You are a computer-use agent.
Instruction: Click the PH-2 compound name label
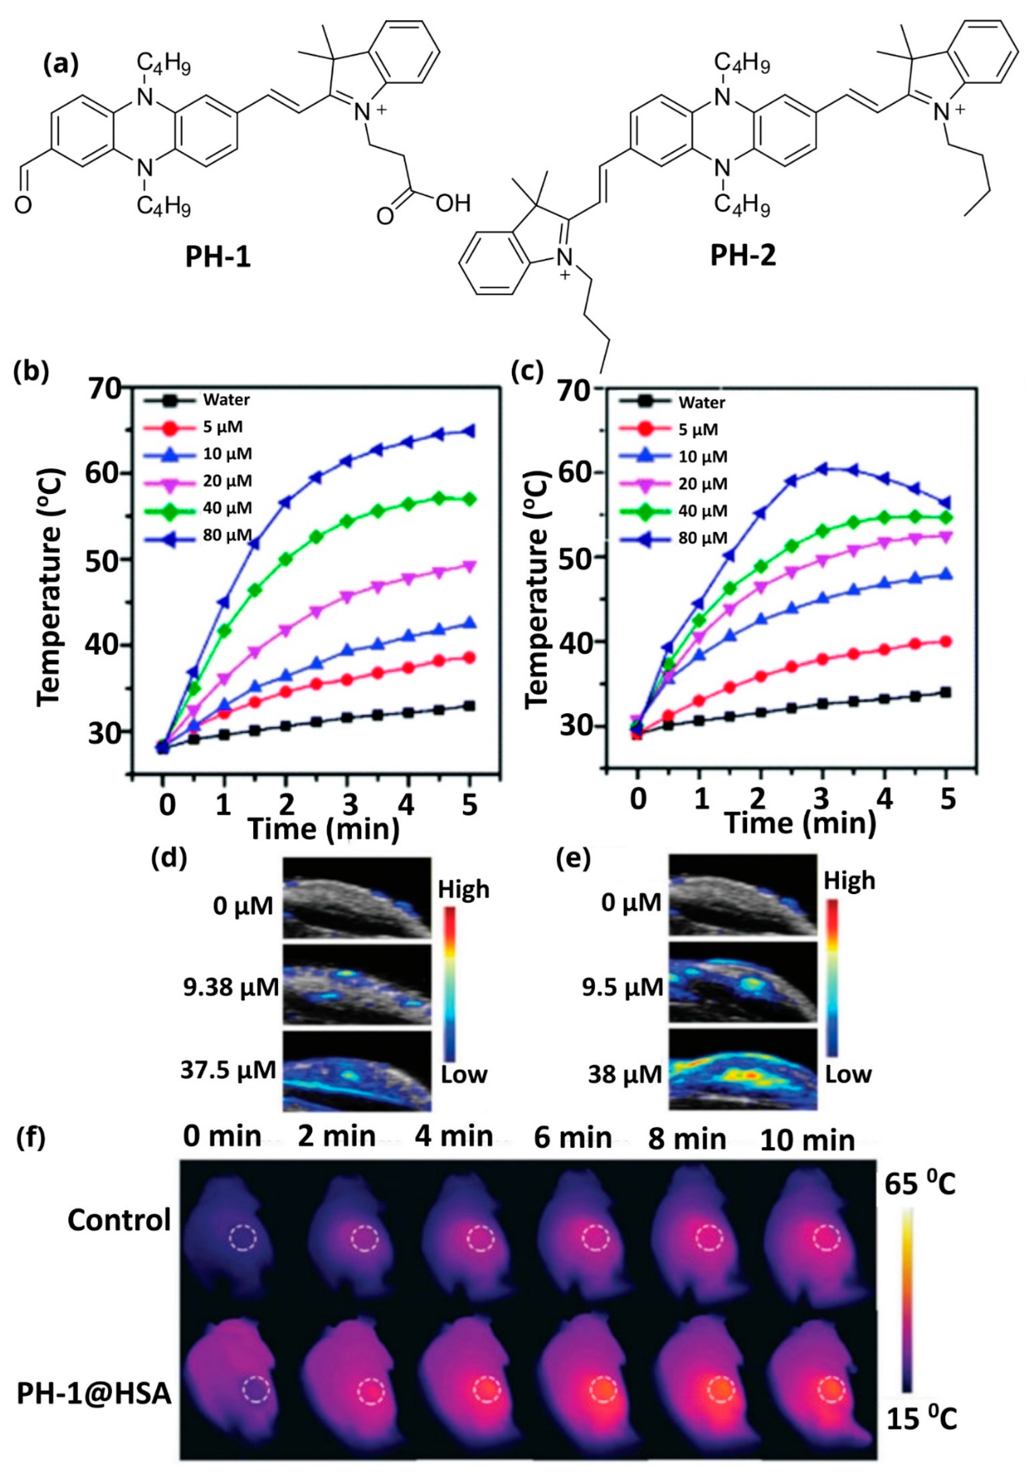click(743, 256)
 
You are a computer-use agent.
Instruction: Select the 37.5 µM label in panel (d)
click(228, 1070)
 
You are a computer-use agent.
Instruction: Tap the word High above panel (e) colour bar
click(849, 881)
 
